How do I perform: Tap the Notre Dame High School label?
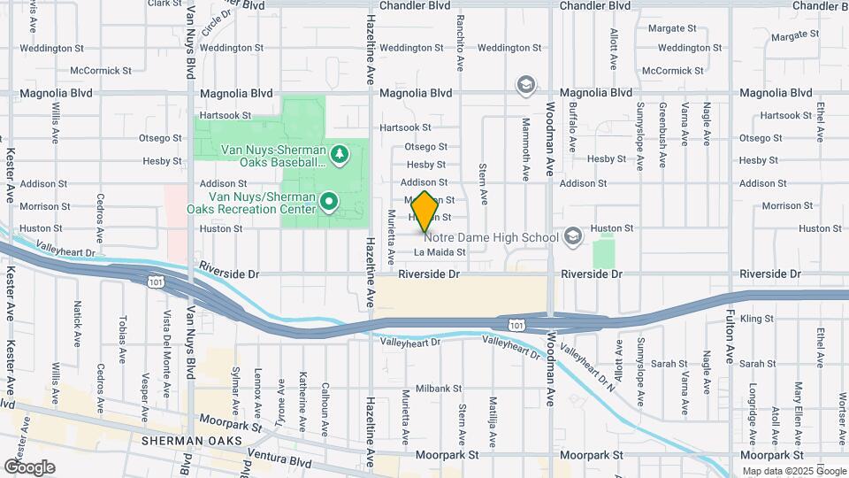[x=491, y=236]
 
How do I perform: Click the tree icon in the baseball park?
[x=340, y=155]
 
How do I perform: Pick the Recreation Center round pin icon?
[x=330, y=203]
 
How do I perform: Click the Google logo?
[x=28, y=467]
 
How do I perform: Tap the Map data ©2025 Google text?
[x=793, y=471]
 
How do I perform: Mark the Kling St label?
[x=757, y=318]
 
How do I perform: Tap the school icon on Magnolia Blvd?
[x=525, y=85]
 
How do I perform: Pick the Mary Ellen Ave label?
[x=798, y=403]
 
